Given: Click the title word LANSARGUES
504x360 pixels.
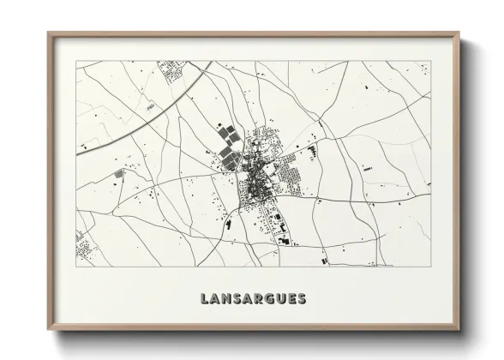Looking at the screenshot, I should tap(253, 299).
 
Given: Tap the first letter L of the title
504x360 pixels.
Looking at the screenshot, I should tap(204, 299).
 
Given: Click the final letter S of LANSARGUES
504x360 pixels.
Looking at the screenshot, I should tap(301, 299).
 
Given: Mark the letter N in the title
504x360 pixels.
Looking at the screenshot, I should tap(226, 299).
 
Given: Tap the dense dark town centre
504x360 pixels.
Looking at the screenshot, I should tap(255, 181).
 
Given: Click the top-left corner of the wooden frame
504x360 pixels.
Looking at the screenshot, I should tap(49, 33).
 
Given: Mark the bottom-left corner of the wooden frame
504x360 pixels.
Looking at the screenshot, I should tap(49, 330).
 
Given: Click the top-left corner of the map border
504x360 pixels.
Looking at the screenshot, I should tap(76, 62).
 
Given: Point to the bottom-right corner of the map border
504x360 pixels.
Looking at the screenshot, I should tap(431, 267).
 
